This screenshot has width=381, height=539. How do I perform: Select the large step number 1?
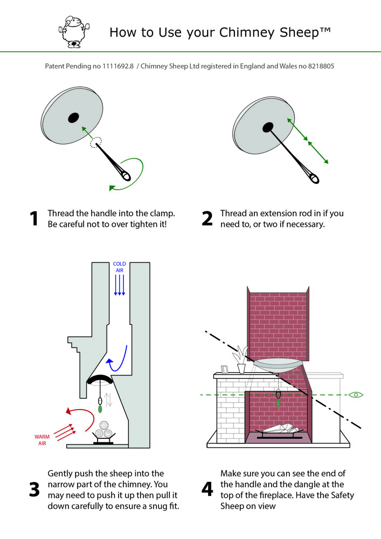pyautogui.click(x=34, y=218)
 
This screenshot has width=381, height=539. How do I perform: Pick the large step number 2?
pyautogui.click(x=207, y=218)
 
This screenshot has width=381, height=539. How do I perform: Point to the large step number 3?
pyautogui.click(x=34, y=489)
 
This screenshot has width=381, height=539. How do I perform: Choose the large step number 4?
pyautogui.click(x=207, y=489)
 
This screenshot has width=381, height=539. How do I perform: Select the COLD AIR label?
pyautogui.click(x=119, y=267)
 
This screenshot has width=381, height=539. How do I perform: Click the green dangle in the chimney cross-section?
pyautogui.click(x=101, y=409)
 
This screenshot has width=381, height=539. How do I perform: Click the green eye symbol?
pyautogui.click(x=356, y=395)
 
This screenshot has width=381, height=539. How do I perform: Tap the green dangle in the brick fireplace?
pyautogui.click(x=278, y=402)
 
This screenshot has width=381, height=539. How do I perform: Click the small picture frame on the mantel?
pyautogui.click(x=225, y=369)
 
